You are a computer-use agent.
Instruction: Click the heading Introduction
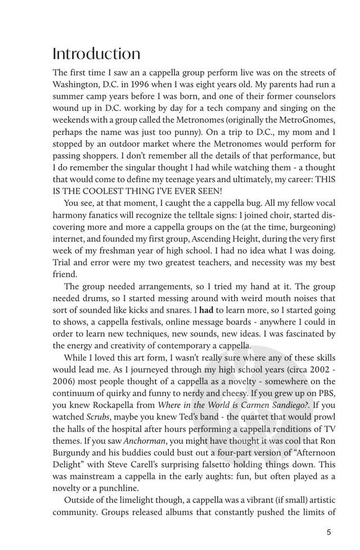pos(96,54)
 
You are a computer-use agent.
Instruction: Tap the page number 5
pos(328,530)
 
